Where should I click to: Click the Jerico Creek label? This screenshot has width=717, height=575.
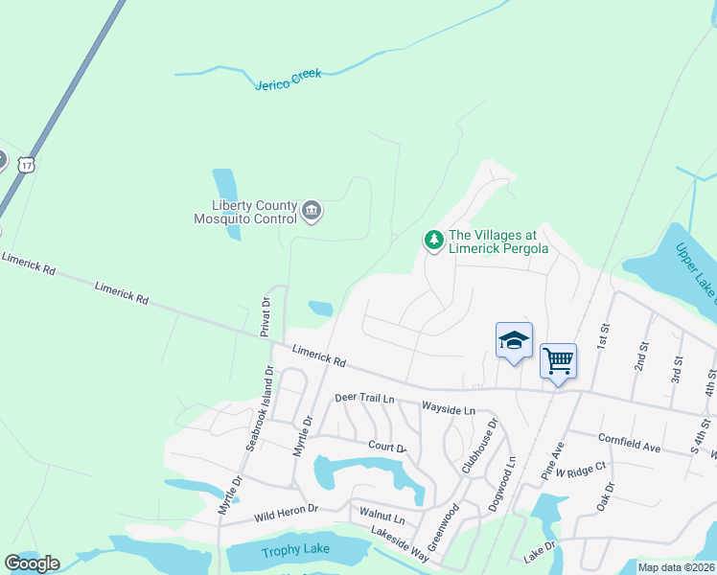point(289,80)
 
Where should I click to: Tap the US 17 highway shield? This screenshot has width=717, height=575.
point(26,164)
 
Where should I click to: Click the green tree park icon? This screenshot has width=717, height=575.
point(434,240)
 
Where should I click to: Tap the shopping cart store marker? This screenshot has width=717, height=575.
point(558,361)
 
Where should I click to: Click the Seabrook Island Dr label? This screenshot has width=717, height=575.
point(260,408)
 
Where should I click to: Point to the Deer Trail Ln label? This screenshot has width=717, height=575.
point(365,398)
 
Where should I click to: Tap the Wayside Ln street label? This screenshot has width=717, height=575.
point(448,410)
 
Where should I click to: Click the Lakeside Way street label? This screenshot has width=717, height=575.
point(401,543)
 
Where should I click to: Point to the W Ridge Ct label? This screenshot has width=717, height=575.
point(587,468)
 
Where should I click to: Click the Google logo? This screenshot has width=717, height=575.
point(32,563)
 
